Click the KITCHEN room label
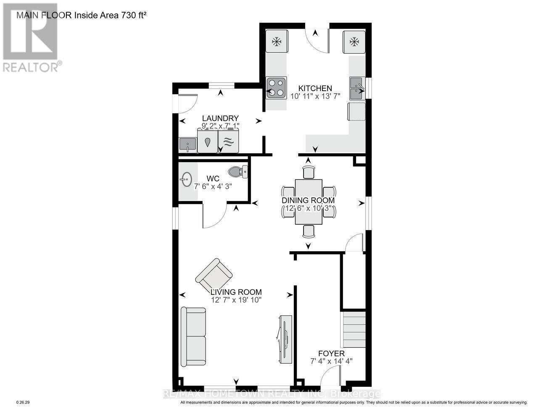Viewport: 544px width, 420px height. pos(315,88)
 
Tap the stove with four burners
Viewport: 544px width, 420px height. pos(276,88)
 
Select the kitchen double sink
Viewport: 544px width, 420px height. pos(357,89)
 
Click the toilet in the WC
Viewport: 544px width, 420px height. pos(238,171)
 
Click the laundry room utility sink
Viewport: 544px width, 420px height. pos(187,145)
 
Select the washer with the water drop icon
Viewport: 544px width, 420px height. pos(208,142)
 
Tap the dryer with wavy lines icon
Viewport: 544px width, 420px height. pos(228,142)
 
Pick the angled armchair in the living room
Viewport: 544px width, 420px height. pos(214,275)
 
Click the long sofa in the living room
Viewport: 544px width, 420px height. pos(193,336)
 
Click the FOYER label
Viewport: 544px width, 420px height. pos(331,354)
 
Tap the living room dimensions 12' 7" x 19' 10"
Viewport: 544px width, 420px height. pos(237,299)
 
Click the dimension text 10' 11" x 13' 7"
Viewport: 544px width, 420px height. pos(315,96)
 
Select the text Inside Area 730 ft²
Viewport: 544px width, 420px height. pos(111,16)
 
